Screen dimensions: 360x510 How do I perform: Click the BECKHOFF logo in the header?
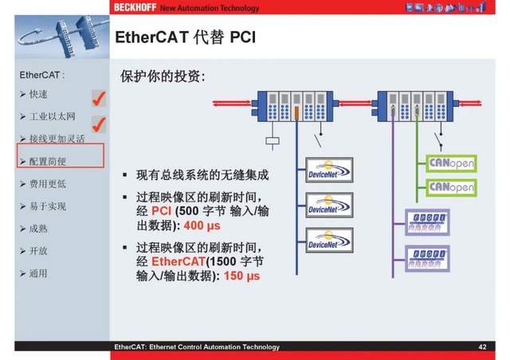click(135, 8)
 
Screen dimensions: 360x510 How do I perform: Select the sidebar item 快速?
click(38, 95)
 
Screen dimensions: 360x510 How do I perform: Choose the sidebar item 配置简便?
click(48, 162)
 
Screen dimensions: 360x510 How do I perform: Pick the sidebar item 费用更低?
click(48, 184)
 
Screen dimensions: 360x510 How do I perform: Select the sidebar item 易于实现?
click(48, 206)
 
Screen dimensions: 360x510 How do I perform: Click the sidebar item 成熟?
click(38, 229)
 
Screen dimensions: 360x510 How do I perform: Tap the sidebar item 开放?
click(38, 251)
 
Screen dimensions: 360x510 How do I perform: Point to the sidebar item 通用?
click(38, 273)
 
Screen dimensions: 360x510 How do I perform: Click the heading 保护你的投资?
click(163, 78)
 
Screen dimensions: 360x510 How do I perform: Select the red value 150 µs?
click(242, 276)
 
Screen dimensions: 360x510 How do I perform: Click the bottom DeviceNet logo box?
click(329, 240)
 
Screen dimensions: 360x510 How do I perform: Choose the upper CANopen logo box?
click(452, 163)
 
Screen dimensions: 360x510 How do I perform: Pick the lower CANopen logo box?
click(452, 188)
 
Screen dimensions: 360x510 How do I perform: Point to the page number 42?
click(482, 347)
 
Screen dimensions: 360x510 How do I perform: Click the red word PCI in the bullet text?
click(162, 211)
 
